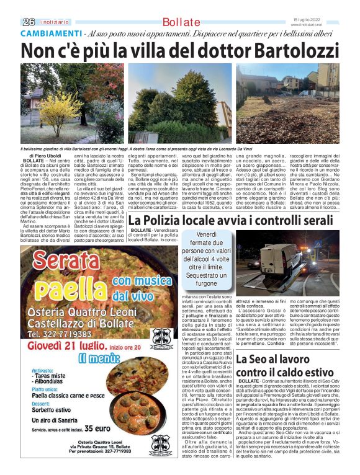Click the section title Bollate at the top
pos(181,22)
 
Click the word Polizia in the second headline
pos(166,221)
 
